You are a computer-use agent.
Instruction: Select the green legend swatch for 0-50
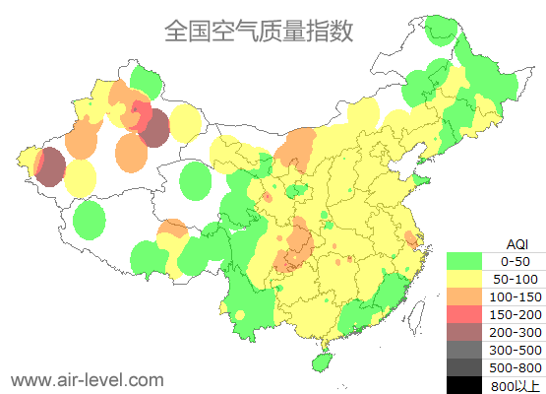464,261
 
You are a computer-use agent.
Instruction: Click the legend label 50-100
515,279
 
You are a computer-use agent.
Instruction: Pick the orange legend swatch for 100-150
464,296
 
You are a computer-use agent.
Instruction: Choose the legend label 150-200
515,314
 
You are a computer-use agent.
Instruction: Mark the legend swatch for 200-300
464,332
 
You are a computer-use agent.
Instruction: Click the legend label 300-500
515,350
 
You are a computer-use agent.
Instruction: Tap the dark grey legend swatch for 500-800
464,367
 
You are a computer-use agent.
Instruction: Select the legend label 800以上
515,384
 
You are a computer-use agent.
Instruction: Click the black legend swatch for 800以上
464,384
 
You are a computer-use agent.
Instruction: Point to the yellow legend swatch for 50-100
464,279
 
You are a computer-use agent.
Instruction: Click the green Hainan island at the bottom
321,361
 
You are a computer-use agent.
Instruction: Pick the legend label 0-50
515,261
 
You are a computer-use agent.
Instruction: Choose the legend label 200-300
515,332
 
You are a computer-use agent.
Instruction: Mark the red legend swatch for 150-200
464,314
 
